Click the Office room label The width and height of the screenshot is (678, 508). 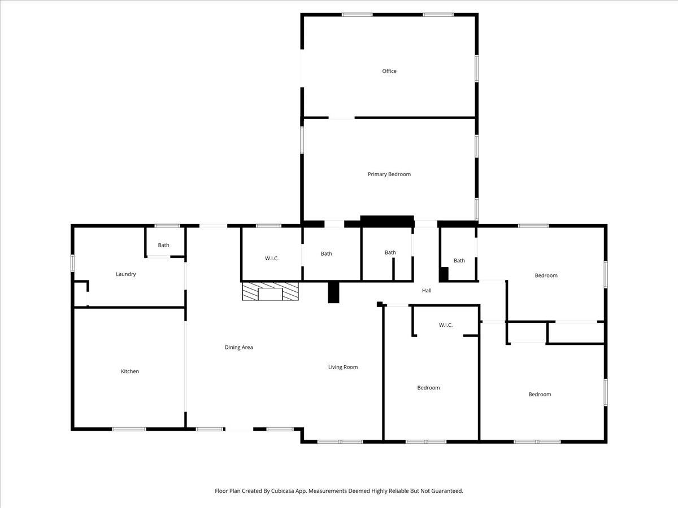tap(389, 71)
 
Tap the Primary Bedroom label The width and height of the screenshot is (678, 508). tap(389, 174)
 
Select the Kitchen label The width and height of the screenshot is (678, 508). tap(130, 371)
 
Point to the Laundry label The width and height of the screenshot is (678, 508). tap(126, 274)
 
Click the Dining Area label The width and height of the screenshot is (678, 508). tap(239, 347)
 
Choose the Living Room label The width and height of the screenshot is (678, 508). tap(343, 367)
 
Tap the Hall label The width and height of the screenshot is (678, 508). tap(427, 291)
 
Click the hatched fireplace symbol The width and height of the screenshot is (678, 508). tap(270, 291)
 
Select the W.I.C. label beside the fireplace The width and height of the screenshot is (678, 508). tap(272, 259)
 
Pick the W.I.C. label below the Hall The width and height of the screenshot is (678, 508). tap(446, 325)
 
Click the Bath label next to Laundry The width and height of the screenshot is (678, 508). tap(163, 245)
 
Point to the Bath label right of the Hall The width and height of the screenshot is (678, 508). tap(459, 261)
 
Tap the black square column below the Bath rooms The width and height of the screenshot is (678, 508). tap(333, 292)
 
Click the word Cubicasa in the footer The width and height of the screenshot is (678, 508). tap(282, 491)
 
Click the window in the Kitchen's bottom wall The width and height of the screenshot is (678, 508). tap(129, 429)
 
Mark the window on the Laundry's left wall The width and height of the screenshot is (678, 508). tap(72, 263)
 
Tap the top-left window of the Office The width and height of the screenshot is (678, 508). tap(357, 15)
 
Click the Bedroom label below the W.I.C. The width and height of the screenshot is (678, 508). tap(428, 388)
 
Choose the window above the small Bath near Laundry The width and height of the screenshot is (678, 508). tap(167, 226)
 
